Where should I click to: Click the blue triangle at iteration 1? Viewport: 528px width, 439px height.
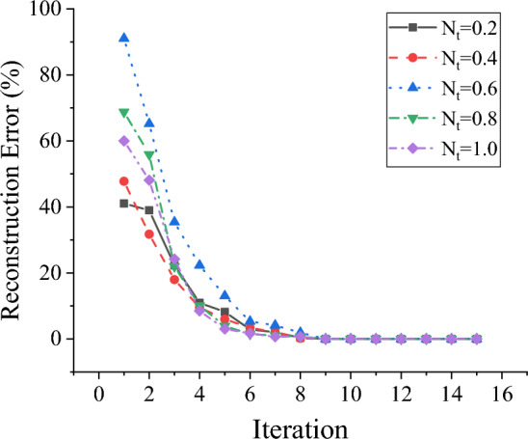(x=124, y=39)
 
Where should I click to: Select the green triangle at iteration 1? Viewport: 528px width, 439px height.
(x=124, y=113)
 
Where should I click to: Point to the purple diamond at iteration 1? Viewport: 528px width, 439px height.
(x=124, y=141)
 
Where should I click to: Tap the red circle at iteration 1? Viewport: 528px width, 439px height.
(x=124, y=181)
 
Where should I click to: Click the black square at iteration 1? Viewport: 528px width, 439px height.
(x=124, y=204)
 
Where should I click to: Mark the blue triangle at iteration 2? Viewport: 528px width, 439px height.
(x=149, y=123)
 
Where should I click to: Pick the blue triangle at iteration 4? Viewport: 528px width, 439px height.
(x=199, y=264)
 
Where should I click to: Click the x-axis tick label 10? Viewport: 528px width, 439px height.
(x=350, y=369)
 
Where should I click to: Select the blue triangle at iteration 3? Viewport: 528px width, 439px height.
(x=174, y=222)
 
